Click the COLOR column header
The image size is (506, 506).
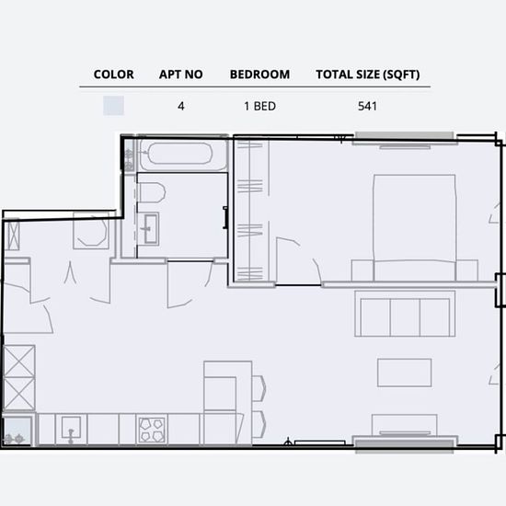click(x=113, y=75)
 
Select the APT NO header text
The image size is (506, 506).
click(x=180, y=75)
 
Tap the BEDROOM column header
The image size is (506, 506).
click(x=259, y=75)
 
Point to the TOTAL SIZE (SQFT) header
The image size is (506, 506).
click(x=368, y=75)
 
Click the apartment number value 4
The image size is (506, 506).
click(x=180, y=106)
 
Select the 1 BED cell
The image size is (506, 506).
click(x=259, y=106)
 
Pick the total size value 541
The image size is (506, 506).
click(x=367, y=106)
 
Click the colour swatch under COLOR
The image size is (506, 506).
click(x=113, y=106)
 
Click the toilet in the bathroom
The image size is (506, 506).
click(x=152, y=192)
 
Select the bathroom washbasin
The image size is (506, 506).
click(x=148, y=229)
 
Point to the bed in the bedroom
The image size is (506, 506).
click(x=414, y=227)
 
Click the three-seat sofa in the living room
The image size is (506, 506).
click(x=405, y=314)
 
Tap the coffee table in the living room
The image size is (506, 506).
click(x=405, y=373)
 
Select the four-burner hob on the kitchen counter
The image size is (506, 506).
click(x=152, y=431)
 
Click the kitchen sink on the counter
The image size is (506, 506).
click(x=71, y=429)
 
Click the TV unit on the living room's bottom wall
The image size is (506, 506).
click(x=405, y=425)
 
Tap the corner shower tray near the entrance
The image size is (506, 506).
click(x=91, y=231)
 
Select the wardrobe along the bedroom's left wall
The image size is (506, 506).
click(x=251, y=210)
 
